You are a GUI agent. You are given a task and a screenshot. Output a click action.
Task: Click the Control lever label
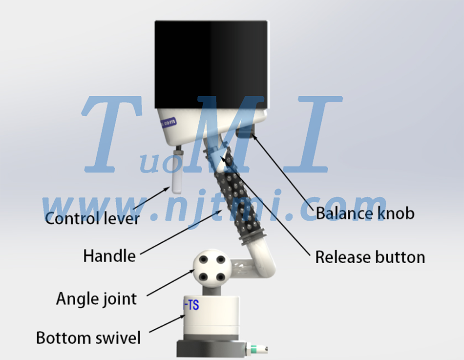point(92,219)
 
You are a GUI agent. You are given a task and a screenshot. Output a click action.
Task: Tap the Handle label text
point(109,256)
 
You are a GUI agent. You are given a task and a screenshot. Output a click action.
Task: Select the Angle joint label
point(97,299)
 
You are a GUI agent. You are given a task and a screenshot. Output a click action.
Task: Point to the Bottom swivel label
point(88,338)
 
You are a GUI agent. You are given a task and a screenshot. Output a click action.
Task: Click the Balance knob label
point(365,213)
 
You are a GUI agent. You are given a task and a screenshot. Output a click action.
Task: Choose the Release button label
point(370,257)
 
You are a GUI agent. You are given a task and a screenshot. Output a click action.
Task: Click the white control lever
point(177,171)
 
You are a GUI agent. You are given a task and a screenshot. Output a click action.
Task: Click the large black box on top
point(211,64)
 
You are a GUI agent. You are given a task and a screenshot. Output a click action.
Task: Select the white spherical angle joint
point(212,269)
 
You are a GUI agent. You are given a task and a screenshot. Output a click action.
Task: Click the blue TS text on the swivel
point(191,305)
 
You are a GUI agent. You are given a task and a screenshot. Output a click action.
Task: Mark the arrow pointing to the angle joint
point(170,282)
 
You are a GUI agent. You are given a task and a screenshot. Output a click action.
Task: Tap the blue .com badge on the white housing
point(168,122)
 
